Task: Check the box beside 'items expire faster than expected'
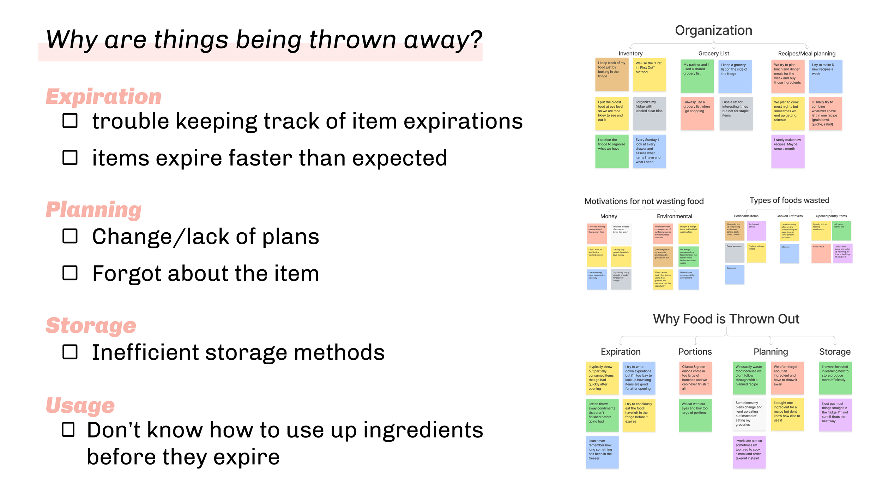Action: click(70, 157)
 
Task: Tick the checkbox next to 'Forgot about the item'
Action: click(70, 273)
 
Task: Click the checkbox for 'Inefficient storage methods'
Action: click(70, 352)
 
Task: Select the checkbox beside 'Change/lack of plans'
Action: click(70, 236)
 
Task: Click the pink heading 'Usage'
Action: click(80, 405)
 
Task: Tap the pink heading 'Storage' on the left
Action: click(91, 325)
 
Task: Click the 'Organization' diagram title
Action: click(713, 30)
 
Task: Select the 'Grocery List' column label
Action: click(713, 53)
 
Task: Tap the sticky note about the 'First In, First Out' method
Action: click(649, 75)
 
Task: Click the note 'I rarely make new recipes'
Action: click(787, 151)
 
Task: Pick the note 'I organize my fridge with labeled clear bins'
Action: click(649, 113)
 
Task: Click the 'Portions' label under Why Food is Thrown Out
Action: click(695, 352)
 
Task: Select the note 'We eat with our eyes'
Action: click(695, 415)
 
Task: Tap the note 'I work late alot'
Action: click(749, 452)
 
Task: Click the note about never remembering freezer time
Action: click(602, 452)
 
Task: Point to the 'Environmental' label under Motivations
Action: click(674, 216)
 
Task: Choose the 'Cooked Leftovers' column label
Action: click(789, 216)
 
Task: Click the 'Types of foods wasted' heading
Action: click(789, 200)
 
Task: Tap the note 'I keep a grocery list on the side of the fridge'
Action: click(735, 76)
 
